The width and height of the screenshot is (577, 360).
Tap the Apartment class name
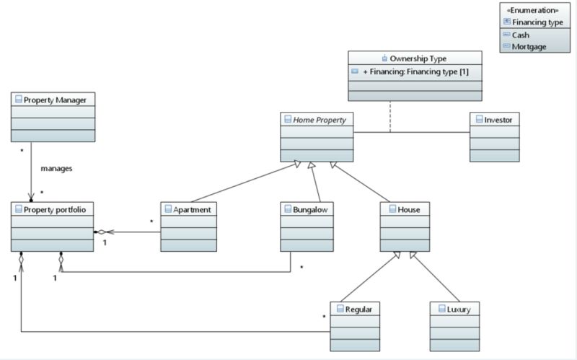coord(192,209)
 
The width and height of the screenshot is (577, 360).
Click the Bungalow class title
coord(311,209)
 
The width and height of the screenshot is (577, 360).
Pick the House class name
coord(409,209)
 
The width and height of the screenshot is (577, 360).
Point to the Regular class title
coord(358,309)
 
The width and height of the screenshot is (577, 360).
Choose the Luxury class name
coord(459,309)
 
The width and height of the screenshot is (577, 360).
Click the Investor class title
coord(498,119)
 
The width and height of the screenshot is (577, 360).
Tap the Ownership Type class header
coord(418,58)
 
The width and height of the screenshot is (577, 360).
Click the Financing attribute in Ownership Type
coord(418,72)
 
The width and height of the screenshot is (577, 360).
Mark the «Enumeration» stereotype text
coord(533,10)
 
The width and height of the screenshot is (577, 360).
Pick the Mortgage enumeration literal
coord(529,46)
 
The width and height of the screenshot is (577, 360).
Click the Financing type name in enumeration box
coord(538,22)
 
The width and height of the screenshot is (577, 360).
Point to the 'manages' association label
coord(56,168)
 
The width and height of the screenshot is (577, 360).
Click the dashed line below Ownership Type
coord(390,117)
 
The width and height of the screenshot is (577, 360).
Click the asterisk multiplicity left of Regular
coord(325,316)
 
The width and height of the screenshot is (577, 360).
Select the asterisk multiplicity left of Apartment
coord(151,221)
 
